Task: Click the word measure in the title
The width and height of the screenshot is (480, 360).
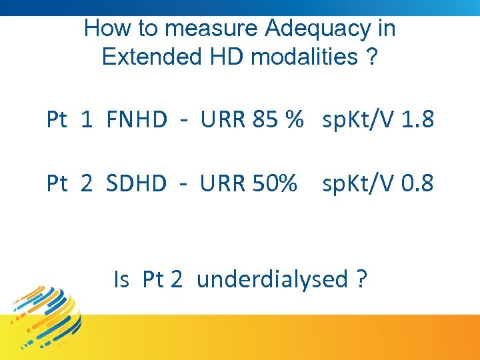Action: coord(211,29)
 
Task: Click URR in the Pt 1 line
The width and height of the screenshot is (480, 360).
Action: coord(223,120)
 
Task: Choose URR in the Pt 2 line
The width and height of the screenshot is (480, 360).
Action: coord(223,183)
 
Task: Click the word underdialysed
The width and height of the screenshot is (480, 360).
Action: coord(273,279)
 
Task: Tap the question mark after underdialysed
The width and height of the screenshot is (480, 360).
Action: coord(361,279)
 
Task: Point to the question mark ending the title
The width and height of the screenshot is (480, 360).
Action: coord(371,57)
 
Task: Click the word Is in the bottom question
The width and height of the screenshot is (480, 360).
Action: coord(121,279)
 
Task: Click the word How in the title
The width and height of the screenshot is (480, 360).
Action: coord(101,29)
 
